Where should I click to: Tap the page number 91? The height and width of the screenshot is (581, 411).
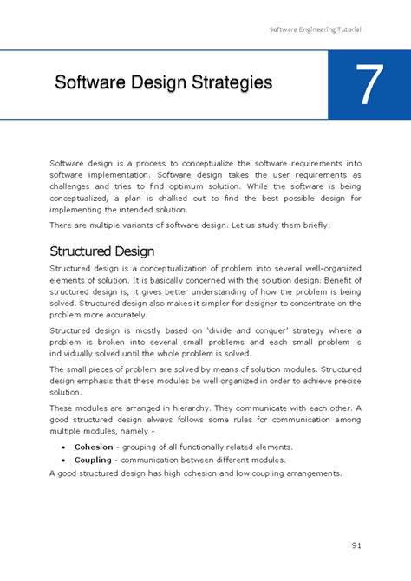[356, 545]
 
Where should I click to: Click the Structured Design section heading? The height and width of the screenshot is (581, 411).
[101, 251]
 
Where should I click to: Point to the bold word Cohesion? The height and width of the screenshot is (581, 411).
[94, 447]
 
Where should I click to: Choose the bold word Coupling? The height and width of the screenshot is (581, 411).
[94, 460]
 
